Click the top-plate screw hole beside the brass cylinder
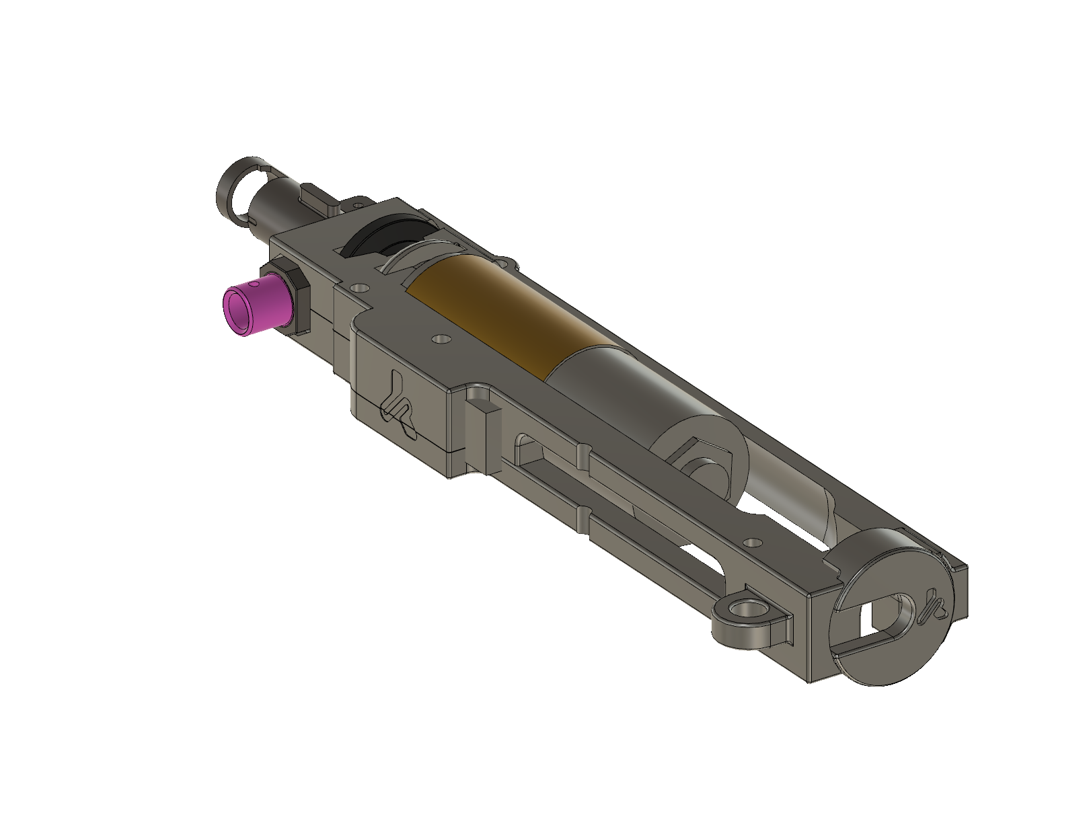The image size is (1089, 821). click(441, 339)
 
